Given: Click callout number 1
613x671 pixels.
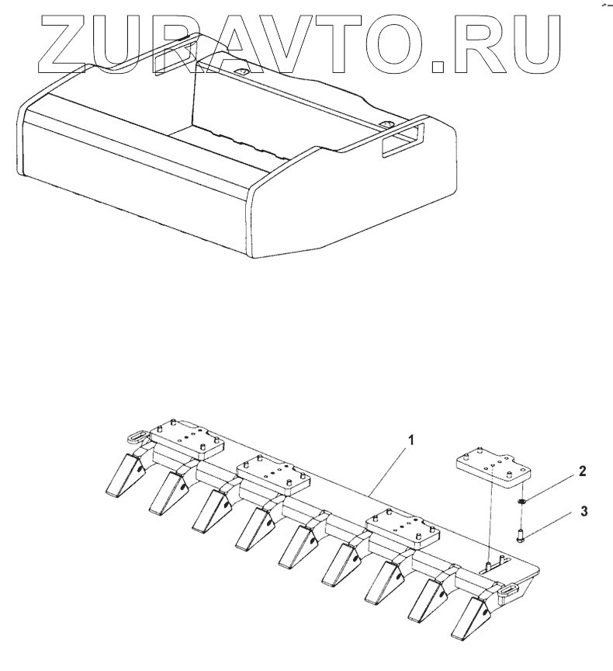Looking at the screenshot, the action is [412, 440].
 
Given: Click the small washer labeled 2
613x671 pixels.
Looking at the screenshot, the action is [523, 502].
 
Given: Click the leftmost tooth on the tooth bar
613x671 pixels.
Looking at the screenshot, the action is [123, 475].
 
